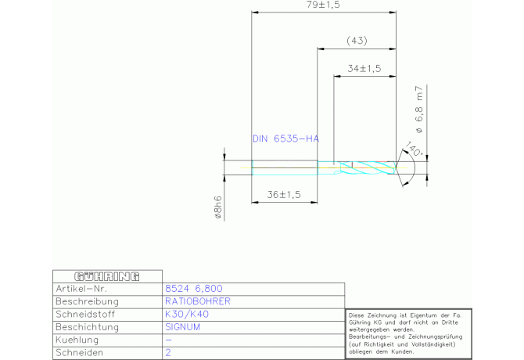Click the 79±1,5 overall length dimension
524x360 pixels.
[323, 5]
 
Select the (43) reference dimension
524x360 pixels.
[357, 41]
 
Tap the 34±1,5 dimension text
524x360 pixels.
[364, 69]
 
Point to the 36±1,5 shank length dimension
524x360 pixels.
[284, 195]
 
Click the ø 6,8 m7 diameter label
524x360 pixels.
[419, 110]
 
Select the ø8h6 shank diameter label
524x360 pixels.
[217, 207]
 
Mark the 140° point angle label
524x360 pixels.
[414, 149]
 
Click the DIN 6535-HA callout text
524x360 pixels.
[285, 139]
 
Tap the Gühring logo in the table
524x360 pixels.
[107, 277]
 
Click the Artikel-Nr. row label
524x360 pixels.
[81, 289]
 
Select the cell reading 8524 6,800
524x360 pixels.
[194, 289]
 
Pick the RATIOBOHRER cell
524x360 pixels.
[198, 301]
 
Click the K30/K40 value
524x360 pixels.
[187, 314]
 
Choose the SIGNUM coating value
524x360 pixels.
[182, 327]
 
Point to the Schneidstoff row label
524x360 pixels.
[85, 314]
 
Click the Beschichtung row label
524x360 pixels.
[88, 327]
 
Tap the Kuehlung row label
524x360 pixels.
[77, 340]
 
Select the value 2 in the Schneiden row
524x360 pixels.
[168, 353]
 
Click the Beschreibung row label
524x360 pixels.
[88, 302]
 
